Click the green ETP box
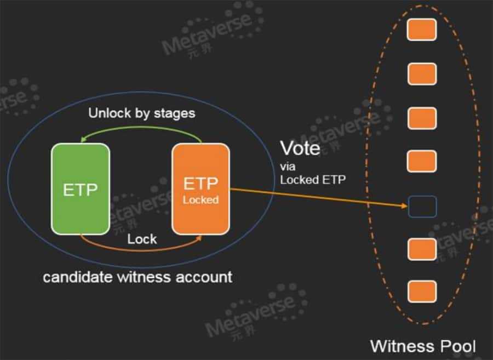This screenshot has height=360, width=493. [80, 190]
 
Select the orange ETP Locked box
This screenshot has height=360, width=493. [200, 190]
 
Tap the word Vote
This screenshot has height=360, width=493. [300, 148]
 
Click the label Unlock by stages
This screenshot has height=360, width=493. [142, 114]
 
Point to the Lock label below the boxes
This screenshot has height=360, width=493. [142, 239]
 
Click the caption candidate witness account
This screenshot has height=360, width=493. [137, 276]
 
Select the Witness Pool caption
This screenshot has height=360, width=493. [422, 346]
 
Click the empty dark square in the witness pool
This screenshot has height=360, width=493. [422, 207]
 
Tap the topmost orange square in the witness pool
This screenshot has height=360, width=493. [422, 30]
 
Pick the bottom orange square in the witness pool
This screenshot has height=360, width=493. [422, 291]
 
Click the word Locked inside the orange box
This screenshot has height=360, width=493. [200, 200]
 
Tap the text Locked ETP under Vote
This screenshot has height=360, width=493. [313, 179]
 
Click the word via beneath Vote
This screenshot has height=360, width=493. [288, 166]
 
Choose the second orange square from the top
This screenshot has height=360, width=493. [422, 74]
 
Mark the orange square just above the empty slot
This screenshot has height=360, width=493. [422, 161]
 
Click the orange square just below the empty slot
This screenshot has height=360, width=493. [422, 249]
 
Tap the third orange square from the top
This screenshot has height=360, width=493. [422, 118]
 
